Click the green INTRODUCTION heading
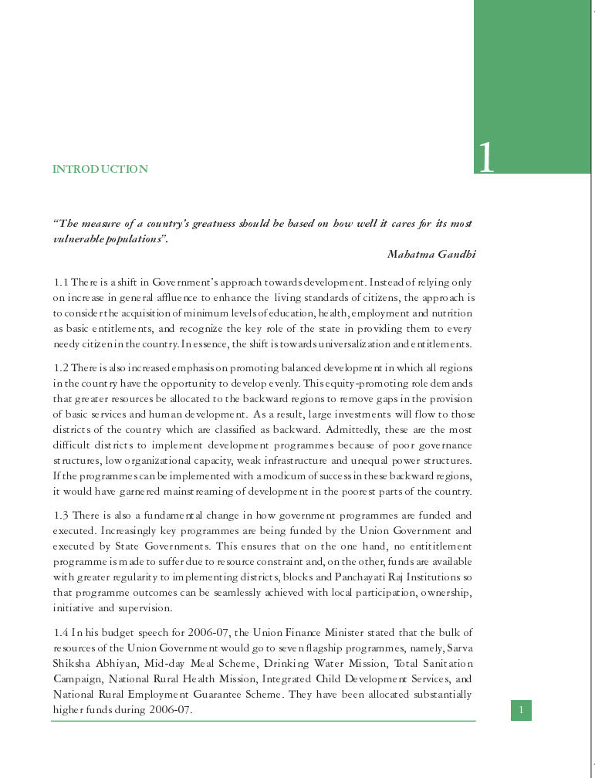coord(100,169)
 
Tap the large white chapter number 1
coord(486,157)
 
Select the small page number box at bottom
coord(521,710)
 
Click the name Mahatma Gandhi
coord(431,254)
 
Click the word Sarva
coord(459,648)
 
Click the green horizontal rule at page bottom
coord(262,721)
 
